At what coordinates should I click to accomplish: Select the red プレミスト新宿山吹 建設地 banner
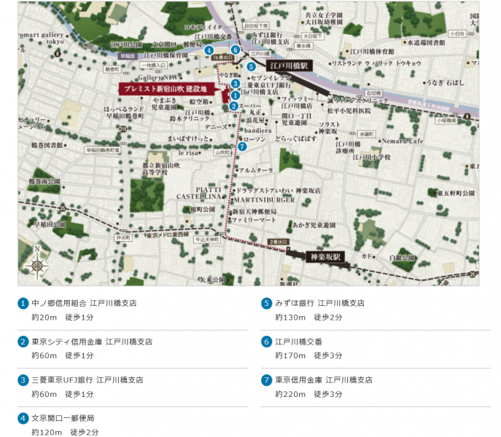click(x=168, y=88)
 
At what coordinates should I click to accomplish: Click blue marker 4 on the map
click(x=209, y=51)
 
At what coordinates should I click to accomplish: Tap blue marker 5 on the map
click(x=251, y=68)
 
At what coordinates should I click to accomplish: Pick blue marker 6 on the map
click(x=235, y=50)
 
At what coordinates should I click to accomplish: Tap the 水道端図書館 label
click(x=434, y=42)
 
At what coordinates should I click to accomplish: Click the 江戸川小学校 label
click(x=371, y=157)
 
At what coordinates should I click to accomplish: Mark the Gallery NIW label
click(x=159, y=76)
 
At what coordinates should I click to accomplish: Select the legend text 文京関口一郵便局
click(x=63, y=418)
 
